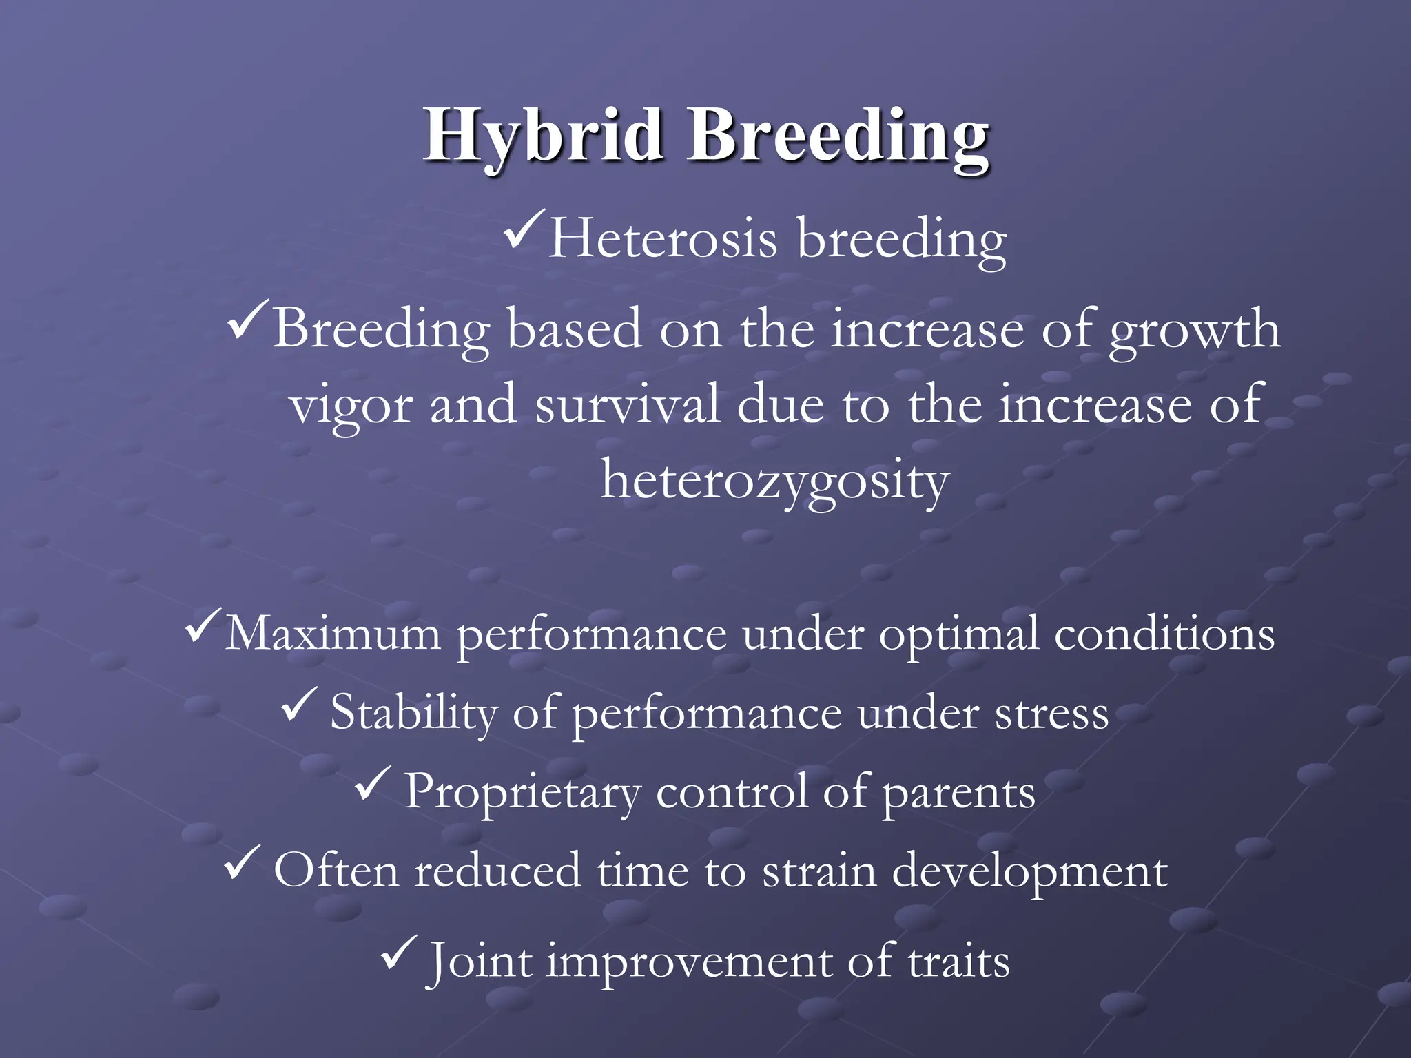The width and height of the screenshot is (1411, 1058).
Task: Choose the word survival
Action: point(627,405)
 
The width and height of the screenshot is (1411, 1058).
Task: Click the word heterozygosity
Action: point(774,481)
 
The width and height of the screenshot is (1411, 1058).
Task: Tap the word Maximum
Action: point(333,634)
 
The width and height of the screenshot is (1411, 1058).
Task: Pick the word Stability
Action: point(413,712)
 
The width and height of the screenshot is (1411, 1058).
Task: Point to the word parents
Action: point(958,793)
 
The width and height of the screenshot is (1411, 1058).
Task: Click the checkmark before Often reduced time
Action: point(242,864)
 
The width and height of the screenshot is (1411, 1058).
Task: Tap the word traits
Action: point(958,962)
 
